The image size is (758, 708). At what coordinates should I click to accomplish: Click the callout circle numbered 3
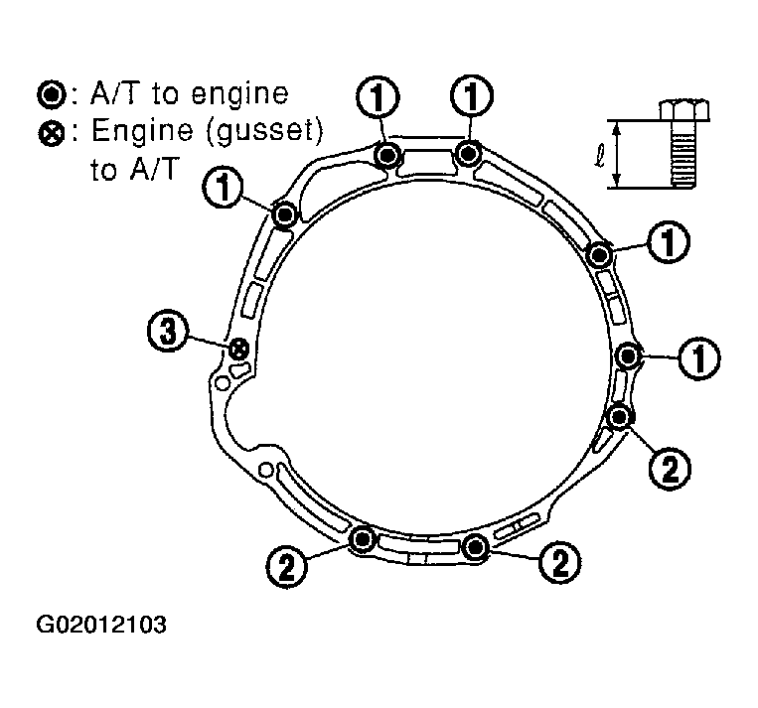167,332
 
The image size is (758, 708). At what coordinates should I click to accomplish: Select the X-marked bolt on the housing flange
238,349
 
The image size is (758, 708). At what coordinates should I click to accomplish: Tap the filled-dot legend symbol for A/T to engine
51,94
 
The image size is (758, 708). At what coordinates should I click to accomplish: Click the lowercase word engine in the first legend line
239,95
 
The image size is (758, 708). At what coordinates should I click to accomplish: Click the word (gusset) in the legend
264,131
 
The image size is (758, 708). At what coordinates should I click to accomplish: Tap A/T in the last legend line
154,168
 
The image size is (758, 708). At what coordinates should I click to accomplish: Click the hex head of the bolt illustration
684,109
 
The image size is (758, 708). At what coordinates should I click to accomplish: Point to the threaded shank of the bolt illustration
684,153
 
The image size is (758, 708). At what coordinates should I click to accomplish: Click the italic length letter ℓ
599,155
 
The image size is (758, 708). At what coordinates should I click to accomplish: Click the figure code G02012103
101,625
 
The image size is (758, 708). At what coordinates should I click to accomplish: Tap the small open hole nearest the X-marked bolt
222,383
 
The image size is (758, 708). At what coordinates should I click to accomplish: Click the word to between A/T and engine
165,94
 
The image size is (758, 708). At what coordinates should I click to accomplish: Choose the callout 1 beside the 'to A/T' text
224,188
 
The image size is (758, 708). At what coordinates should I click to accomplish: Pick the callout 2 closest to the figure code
287,566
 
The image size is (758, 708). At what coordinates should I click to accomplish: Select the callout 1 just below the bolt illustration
669,241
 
